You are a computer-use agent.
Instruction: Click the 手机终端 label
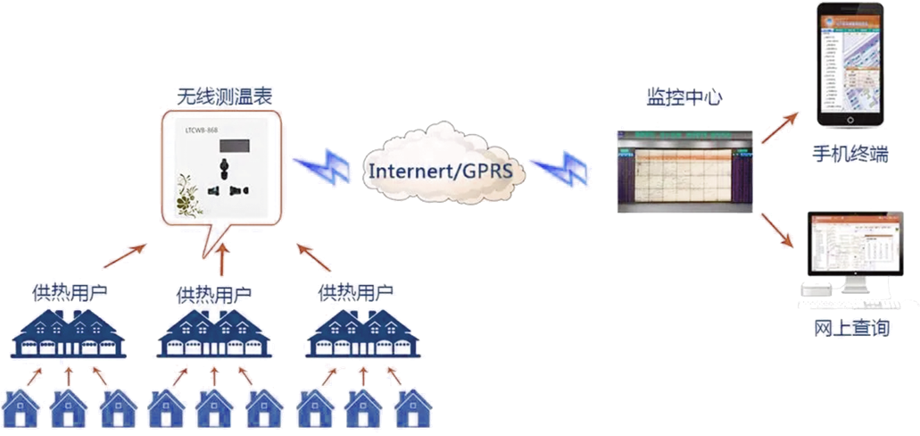pos(850,154)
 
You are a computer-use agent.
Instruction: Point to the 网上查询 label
pos(852,328)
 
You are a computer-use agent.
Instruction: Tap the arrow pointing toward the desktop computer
pos(775,229)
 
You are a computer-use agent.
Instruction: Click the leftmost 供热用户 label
pos(69,291)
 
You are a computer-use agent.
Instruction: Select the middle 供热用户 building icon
pos(212,335)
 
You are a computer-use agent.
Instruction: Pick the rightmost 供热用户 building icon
pos(361,335)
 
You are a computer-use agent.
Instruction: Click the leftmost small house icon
pos(20,410)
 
